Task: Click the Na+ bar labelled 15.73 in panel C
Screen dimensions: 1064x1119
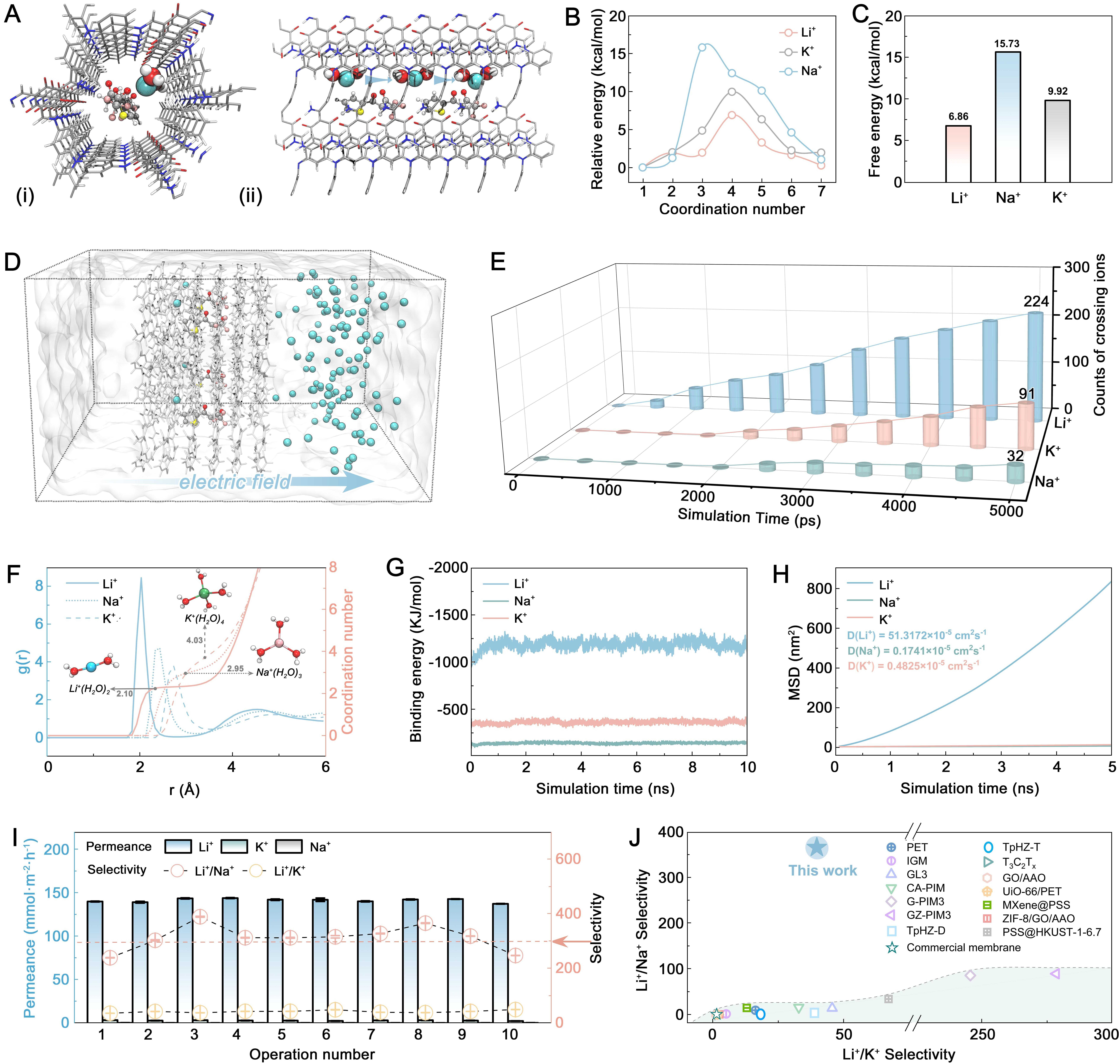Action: point(1007,116)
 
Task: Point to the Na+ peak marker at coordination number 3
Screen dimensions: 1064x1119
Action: point(702,48)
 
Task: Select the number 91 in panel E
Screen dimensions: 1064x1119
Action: point(1027,394)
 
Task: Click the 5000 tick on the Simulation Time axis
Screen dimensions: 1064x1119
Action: point(1006,511)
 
